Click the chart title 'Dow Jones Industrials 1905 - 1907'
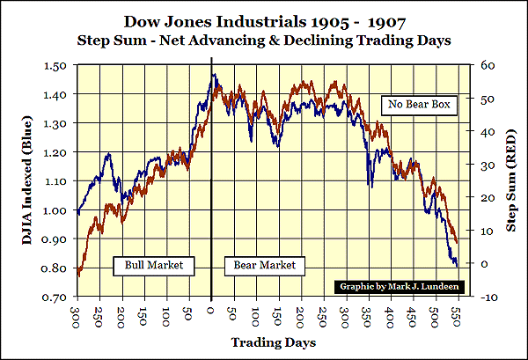pyautogui.click(x=265, y=20)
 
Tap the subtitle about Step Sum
pyautogui.click(x=265, y=40)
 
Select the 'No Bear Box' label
pyautogui.click(x=416, y=106)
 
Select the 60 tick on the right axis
pyautogui.click(x=485, y=65)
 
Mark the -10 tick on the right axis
pyautogui.click(x=487, y=298)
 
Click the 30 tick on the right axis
pyautogui.click(x=485, y=165)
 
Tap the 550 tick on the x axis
pyautogui.click(x=458, y=315)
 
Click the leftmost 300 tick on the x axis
pyautogui.click(x=77, y=315)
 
